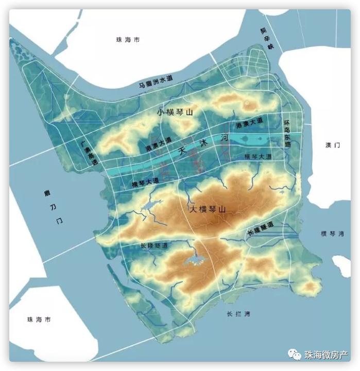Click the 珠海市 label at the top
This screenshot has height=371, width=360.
128,40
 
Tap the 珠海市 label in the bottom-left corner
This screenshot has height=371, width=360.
39,319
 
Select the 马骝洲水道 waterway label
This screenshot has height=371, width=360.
156,81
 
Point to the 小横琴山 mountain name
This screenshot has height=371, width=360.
175,112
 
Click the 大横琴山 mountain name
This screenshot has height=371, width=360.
208,210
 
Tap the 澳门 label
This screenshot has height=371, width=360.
333,145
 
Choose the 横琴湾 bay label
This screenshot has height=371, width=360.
332,233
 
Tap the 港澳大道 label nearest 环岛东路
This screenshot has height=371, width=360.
249,123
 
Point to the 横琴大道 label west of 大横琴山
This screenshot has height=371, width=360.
145,182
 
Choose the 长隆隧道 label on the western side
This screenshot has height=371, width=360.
154,246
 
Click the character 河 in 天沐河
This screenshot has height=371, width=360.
224,139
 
